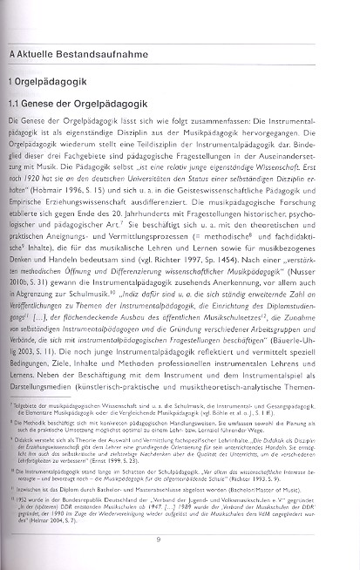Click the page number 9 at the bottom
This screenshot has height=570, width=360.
181,539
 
